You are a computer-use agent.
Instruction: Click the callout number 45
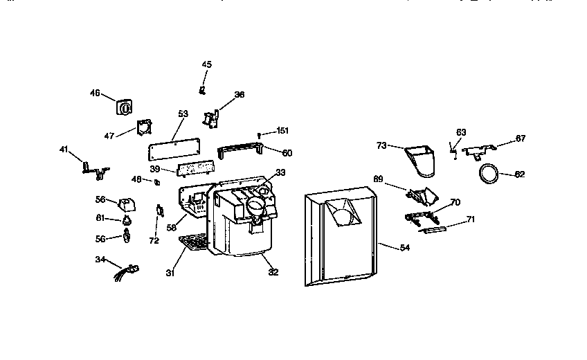coord(206,64)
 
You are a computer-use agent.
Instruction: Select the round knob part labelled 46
coord(125,108)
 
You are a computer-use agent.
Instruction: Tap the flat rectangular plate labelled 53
coord(175,147)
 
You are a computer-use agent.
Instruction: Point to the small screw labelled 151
coord(259,134)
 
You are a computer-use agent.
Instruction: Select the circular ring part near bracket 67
coord(489,174)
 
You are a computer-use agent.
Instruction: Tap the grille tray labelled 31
coord(195,242)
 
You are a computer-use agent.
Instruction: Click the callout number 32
coord(273,272)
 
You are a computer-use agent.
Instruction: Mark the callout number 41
coord(64,149)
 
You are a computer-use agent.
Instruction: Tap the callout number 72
coord(154,241)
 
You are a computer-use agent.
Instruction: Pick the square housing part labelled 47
coord(143,128)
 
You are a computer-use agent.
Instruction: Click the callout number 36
coord(239,95)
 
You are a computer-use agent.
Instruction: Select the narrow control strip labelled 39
coord(195,168)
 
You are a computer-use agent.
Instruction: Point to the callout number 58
coord(170,226)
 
